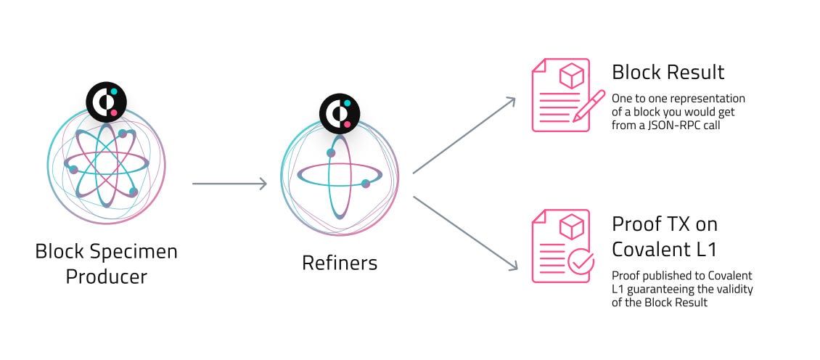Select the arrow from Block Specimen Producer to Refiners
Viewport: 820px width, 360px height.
(229, 184)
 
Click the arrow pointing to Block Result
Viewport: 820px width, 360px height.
(464, 136)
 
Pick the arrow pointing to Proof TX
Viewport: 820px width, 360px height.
(464, 232)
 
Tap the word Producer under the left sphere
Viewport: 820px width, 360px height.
(106, 277)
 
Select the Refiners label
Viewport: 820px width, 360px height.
(340, 262)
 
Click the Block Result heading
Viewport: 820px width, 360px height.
(668, 72)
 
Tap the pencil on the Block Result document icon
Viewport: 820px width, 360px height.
(589, 105)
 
